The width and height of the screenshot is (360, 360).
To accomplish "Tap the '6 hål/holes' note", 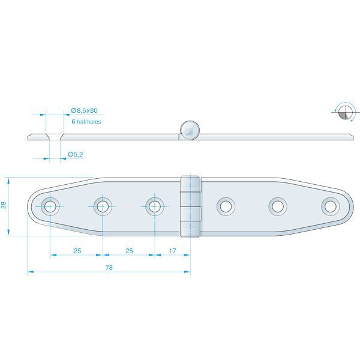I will click(86, 122).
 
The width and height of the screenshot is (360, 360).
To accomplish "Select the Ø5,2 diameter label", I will click(75, 155).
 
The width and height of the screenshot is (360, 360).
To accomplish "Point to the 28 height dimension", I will click(4, 206).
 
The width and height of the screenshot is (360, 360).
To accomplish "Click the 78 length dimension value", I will click(109, 268).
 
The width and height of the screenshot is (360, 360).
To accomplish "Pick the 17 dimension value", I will click(173, 250).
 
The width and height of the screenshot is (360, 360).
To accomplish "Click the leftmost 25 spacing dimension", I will click(77, 250).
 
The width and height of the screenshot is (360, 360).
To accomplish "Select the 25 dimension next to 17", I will click(129, 250).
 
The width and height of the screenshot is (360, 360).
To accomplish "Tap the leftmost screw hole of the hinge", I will click(50, 206).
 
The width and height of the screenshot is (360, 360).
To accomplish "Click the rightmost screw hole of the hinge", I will click(329, 206).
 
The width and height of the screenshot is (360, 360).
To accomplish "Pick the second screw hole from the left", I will click(103, 206).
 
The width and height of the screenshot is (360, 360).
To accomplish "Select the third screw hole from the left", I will click(155, 206).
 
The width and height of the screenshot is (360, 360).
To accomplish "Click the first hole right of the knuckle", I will click(226, 206).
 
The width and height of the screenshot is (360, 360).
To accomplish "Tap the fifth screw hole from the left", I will click(278, 206).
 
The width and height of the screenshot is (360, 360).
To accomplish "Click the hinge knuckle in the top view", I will click(190, 206).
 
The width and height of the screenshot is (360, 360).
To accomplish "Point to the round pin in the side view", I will click(190, 129).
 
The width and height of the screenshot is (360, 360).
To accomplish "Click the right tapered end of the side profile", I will click(347, 136).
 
